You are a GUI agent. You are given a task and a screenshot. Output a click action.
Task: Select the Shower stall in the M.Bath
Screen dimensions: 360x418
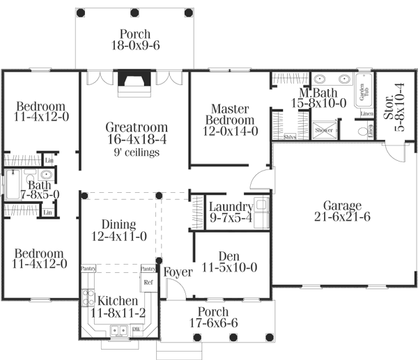(324, 130)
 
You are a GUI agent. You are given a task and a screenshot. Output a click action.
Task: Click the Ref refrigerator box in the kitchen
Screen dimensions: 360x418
(148, 283)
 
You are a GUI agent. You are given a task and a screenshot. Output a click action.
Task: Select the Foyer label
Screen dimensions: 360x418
(178, 272)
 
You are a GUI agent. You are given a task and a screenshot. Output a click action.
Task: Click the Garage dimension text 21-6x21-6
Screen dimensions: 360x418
(341, 217)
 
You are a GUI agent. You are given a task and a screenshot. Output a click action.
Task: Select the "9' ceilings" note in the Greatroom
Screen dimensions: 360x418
(137, 152)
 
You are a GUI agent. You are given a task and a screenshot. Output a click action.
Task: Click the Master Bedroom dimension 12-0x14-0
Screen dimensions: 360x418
(231, 130)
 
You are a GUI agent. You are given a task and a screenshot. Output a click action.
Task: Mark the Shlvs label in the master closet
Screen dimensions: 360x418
(291, 137)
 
